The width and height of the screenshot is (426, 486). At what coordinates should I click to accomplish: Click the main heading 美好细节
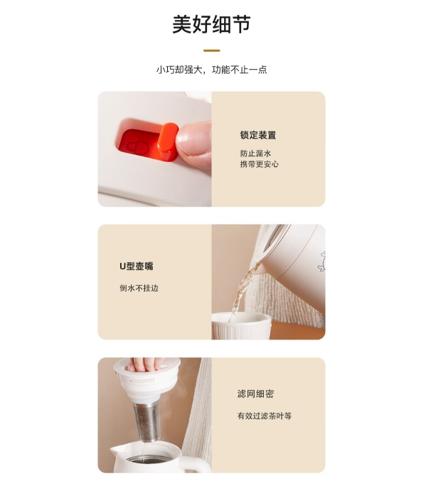(x=212, y=24)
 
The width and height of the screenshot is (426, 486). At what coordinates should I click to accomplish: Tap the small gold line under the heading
(x=212, y=50)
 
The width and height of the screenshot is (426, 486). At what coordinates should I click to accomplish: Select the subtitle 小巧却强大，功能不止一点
(x=212, y=70)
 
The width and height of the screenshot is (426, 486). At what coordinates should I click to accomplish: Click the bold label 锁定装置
(x=258, y=135)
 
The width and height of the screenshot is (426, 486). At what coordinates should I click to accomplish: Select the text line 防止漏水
(x=255, y=153)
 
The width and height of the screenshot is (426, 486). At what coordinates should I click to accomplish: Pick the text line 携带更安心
(x=260, y=164)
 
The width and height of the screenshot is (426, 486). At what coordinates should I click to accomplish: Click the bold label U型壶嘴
(x=137, y=266)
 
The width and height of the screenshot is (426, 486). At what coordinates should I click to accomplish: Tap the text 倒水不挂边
(x=139, y=288)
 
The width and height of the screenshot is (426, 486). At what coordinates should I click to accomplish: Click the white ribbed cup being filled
(x=241, y=325)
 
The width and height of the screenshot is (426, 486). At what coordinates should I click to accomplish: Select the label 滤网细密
(x=255, y=394)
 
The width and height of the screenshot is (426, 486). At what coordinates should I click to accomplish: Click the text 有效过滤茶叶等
(x=265, y=416)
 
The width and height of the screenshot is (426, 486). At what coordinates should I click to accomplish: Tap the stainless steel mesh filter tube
(x=147, y=422)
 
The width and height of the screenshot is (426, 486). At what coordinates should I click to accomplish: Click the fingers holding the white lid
(x=145, y=364)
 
